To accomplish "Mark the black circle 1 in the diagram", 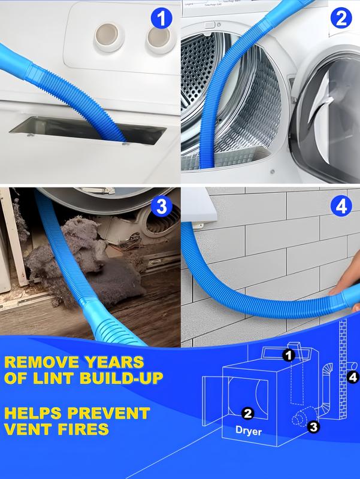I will (x=289, y=355).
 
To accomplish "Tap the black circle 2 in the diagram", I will (x=247, y=413).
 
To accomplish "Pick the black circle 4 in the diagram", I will (x=353, y=377).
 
